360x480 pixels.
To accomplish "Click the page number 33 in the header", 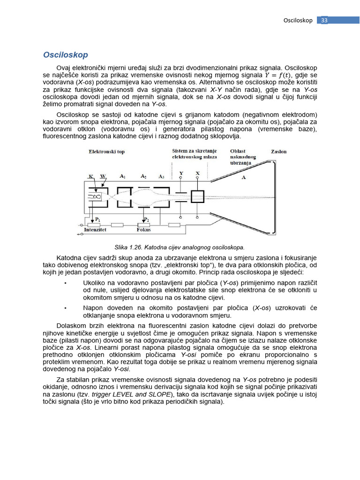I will pos(324,20).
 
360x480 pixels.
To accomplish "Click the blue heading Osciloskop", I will pos(65,55).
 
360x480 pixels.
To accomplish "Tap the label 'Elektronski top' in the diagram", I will pos(106,152).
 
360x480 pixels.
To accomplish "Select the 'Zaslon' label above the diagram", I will pos(279,152).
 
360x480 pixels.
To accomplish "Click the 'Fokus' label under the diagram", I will pos(143,230).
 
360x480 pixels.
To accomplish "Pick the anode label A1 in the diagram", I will pos(122,176).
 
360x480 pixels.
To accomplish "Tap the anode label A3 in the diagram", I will pos(161,176).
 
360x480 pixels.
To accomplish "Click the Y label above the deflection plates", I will pos(181,173).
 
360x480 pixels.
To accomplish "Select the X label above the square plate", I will pos(197,173).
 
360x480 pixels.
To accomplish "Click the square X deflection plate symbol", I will pos(197,196).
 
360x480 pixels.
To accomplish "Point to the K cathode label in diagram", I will pos(90,177).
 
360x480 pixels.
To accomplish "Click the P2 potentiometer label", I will pos(146,219).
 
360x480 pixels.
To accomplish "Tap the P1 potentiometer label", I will pos(97,219).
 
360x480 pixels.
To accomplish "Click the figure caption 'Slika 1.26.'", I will pos(128,247).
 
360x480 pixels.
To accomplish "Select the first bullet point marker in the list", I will pos(65,284).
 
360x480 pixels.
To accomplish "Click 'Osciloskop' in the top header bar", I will pos(298,20).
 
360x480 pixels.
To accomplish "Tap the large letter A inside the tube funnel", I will pos(244,178).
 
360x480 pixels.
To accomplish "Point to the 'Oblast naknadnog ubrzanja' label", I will pos(243,157).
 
